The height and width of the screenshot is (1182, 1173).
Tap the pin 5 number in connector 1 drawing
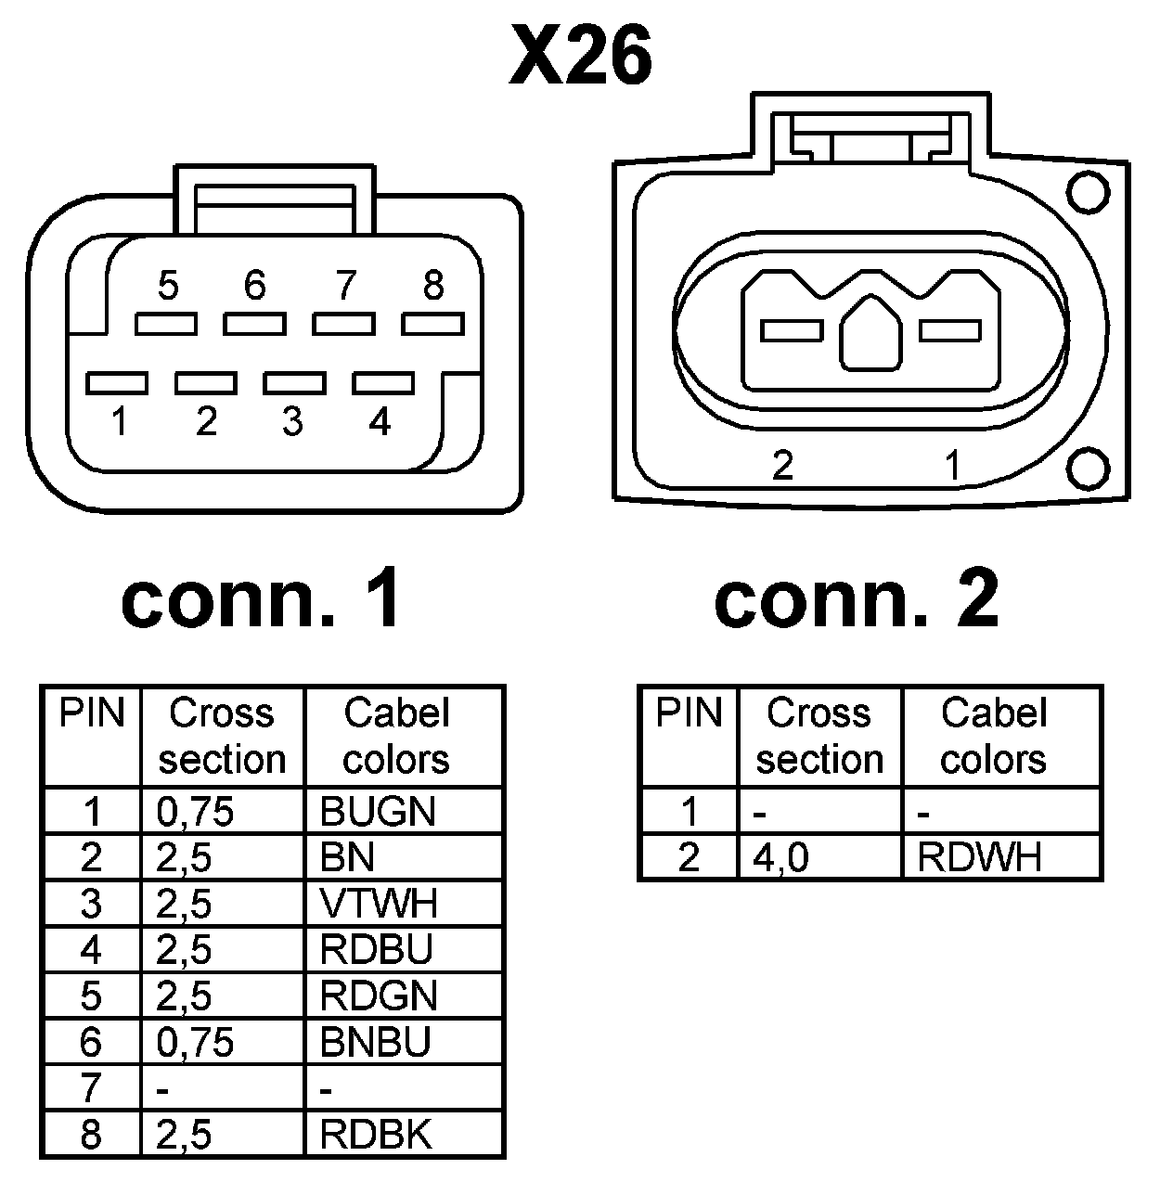[x=167, y=286]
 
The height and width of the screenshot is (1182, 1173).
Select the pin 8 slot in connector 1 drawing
[x=432, y=324]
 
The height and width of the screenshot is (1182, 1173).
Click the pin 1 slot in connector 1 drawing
[x=116, y=382]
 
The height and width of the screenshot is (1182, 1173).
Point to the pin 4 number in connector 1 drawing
[x=380, y=422]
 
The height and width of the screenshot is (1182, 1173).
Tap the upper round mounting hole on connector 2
[x=1087, y=192]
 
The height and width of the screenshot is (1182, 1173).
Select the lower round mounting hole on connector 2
[x=1087, y=468]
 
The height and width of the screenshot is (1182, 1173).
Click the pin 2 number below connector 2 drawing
[x=782, y=465]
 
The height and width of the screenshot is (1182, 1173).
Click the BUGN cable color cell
[x=378, y=812]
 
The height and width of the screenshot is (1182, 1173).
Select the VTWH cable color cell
[x=378, y=903]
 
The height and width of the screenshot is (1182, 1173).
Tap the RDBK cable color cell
[x=376, y=1134]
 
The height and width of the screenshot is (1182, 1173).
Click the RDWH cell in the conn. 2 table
[x=979, y=857]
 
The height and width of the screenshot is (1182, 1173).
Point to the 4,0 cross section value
[x=781, y=857]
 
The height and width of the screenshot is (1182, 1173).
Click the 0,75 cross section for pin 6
[x=195, y=1042]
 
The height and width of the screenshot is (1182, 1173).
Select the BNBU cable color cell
[x=376, y=1042]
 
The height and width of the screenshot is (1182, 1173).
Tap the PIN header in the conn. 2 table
[x=688, y=713]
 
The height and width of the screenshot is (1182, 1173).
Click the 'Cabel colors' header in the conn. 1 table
[x=396, y=737]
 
